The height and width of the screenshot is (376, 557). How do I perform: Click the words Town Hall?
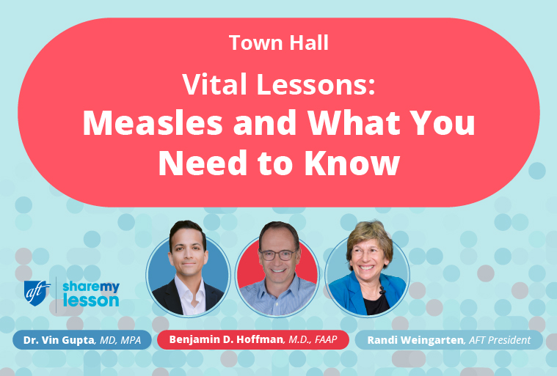(278, 43)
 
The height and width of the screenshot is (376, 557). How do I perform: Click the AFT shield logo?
(37, 291)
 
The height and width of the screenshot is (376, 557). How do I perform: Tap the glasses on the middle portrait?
(277, 254)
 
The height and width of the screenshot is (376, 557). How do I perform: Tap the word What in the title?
(344, 124)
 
